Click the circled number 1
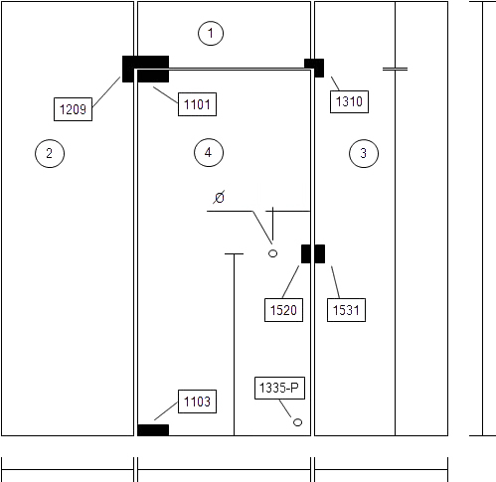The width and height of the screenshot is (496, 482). pos(211,33)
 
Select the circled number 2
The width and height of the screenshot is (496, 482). pos(50,153)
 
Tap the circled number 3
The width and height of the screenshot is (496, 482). pos(364,153)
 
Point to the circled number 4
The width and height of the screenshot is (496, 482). pos(209,152)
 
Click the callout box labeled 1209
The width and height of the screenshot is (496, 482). pos(73,109)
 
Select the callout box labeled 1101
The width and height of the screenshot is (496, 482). pos(197,104)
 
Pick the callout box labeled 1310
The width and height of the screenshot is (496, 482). pos(349,101)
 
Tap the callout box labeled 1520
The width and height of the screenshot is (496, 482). pos(283,310)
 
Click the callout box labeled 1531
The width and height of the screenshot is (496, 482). pos(346,310)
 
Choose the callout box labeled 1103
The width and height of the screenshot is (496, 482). pos(197,402)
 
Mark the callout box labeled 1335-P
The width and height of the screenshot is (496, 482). pos(279,388)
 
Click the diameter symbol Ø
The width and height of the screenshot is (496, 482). pos(219,198)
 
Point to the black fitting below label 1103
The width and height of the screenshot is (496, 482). pos(153,430)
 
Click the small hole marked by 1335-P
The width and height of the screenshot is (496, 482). pos(297,422)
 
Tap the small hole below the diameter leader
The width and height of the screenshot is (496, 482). pos(272,253)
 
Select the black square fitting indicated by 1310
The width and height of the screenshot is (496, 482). pos(314,68)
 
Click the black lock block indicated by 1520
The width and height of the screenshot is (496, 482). pos(306,253)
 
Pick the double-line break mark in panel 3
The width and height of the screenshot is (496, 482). pos(395,70)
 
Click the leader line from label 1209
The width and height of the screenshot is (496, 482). pos(106,92)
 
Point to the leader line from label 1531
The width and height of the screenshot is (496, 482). pos(335,282)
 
